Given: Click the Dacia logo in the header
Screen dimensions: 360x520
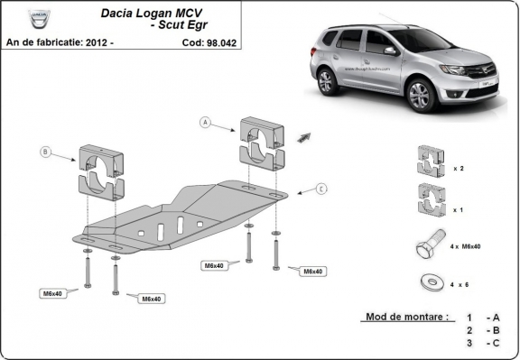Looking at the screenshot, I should (x=39, y=20).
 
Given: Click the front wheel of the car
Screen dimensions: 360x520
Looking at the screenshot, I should (x=422, y=92).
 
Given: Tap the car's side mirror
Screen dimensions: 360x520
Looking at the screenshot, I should (x=388, y=51).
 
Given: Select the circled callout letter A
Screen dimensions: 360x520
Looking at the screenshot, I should (x=206, y=122).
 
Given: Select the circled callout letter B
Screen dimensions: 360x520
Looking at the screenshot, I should (x=45, y=152).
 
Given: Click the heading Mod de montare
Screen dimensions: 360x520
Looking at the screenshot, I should (x=406, y=317).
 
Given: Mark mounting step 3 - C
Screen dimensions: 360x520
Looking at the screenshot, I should (x=482, y=343).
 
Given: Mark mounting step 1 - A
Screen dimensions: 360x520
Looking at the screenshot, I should (x=482, y=318).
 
